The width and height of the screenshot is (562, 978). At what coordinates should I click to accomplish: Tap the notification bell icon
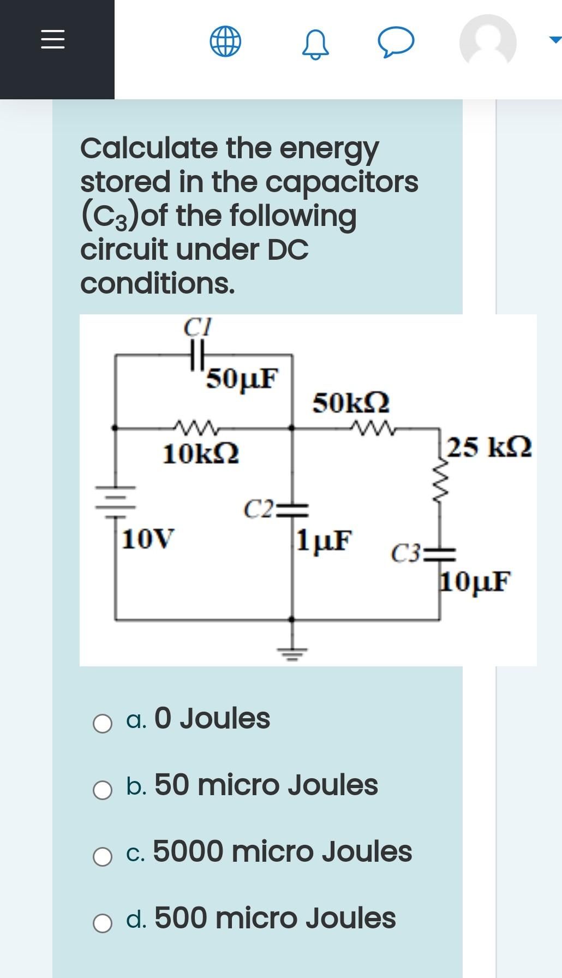pos(315,44)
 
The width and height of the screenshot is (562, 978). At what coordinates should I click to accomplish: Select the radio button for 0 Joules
pos(103,724)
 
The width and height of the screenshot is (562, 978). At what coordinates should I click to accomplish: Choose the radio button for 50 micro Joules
pos(103,790)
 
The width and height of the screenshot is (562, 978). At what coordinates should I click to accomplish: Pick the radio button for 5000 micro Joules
pos(103,856)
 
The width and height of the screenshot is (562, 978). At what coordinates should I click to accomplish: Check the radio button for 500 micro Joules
pos(103,923)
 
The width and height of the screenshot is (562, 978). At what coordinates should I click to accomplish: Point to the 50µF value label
pos(243,377)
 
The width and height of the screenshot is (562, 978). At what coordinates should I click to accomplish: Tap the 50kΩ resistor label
pos(351,403)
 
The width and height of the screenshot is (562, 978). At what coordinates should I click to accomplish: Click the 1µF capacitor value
pos(324,539)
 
